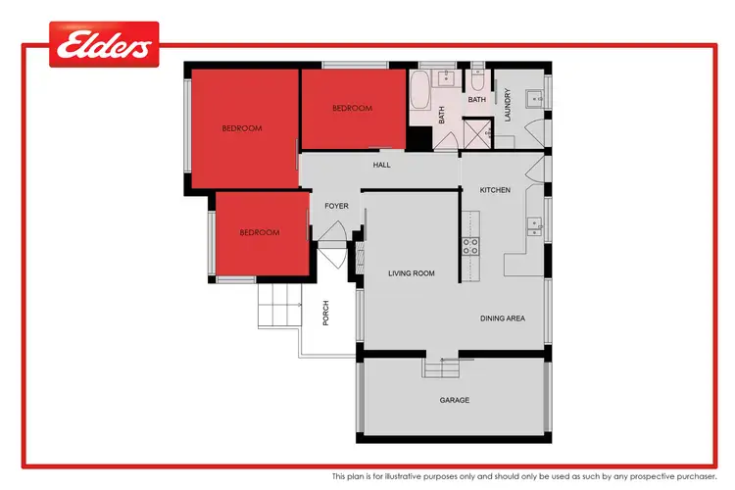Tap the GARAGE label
(454, 400)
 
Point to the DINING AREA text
(503, 318)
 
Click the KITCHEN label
(494, 189)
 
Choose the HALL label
(381, 165)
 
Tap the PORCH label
(325, 313)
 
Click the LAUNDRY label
(508, 105)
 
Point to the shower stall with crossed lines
(476, 132)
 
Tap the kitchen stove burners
(469, 245)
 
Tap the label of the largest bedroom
(240, 128)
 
